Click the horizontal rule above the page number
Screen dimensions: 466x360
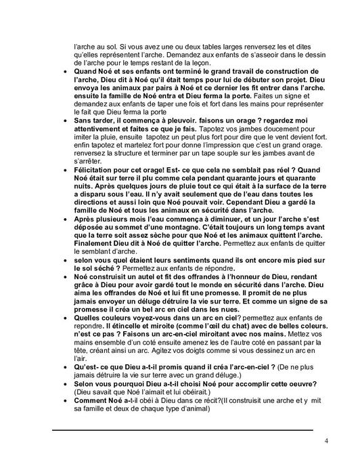[183, 430]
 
